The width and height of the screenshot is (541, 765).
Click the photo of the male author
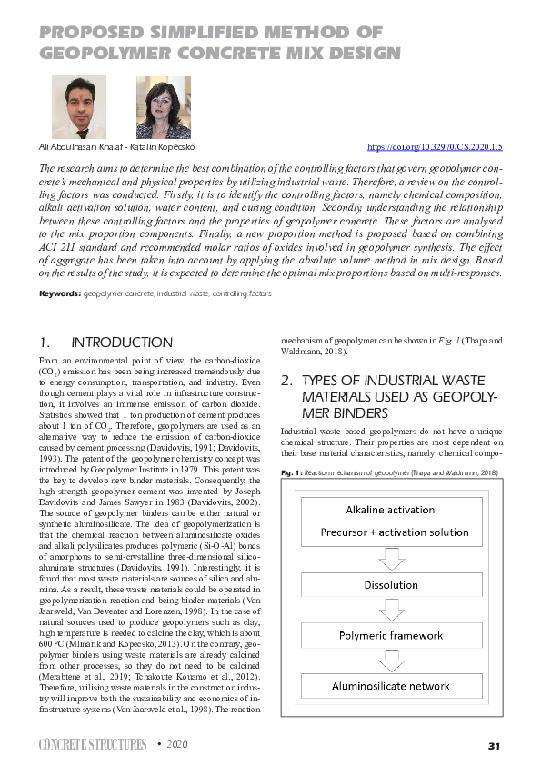[x=79, y=106]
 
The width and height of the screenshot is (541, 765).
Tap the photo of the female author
[x=163, y=106]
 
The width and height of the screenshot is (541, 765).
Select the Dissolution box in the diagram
[x=391, y=585]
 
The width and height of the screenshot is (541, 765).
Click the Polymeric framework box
[x=391, y=636]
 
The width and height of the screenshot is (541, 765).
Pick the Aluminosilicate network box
[x=391, y=686]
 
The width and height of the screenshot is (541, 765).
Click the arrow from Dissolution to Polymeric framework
[x=391, y=611]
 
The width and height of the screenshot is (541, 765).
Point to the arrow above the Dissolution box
[x=391, y=556]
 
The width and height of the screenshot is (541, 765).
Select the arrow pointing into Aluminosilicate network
[x=391, y=661]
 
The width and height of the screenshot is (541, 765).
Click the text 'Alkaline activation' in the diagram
[x=391, y=510]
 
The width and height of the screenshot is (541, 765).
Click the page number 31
[x=495, y=746]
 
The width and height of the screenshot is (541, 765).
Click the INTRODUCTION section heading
[x=121, y=343]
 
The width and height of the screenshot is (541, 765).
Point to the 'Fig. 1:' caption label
[x=291, y=473]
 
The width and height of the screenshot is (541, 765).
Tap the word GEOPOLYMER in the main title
[x=104, y=52]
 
